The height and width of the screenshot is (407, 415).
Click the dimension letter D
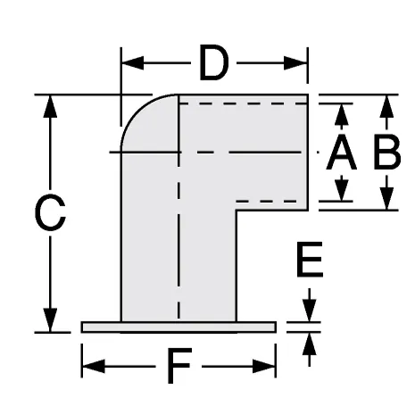coord(214,62)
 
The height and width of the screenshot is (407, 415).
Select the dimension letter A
coord(341,153)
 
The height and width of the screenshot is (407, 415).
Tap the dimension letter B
coord(386,153)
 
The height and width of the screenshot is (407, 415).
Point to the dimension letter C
coord(50,212)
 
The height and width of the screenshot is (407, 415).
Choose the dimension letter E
coord(310,260)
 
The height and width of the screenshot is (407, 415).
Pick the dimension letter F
coord(179,366)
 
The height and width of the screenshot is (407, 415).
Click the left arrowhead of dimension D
coord(133,63)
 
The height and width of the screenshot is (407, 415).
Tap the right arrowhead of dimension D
coord(295,63)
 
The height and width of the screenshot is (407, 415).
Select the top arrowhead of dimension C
coord(50,106)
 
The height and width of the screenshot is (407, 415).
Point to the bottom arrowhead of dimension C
coord(50,320)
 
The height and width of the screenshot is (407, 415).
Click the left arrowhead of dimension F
coord(94,366)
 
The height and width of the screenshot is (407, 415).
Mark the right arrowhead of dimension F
coord(264,366)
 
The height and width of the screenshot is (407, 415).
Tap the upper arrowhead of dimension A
coord(341,114)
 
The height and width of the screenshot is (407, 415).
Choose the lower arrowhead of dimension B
coord(386,199)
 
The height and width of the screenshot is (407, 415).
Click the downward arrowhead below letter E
coord(310,311)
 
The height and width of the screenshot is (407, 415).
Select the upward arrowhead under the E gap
coord(310,344)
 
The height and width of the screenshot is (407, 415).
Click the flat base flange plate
coord(178,327)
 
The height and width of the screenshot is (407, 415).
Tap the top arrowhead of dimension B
coord(386,106)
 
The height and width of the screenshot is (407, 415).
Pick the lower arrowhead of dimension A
coord(341,190)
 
